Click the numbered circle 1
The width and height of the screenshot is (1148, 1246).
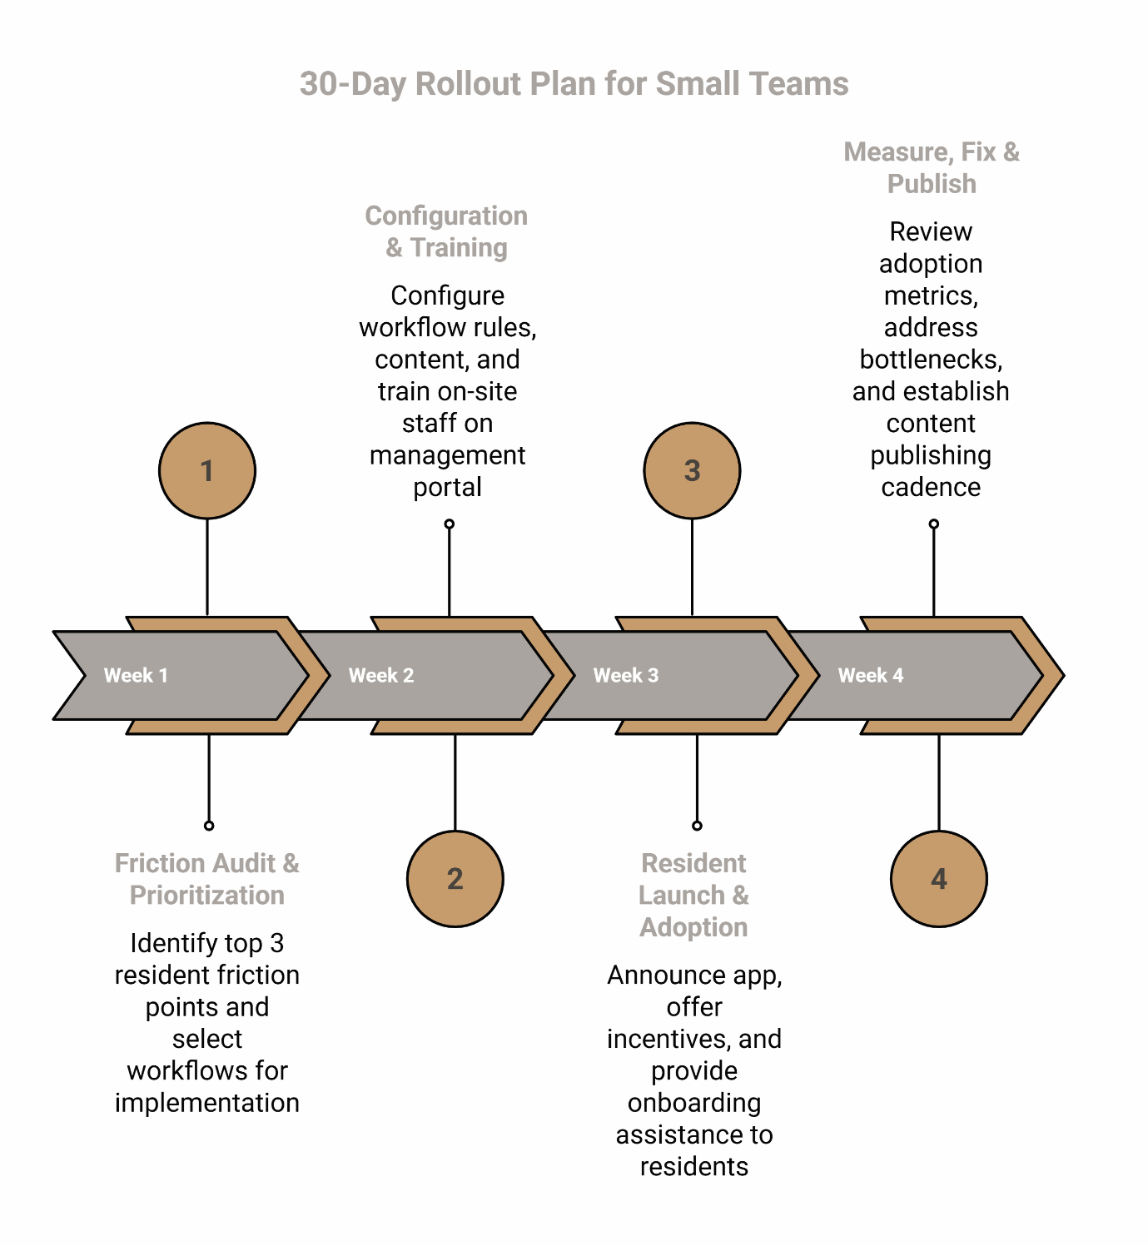pos(206,470)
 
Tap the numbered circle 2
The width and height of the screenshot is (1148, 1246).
pos(455,878)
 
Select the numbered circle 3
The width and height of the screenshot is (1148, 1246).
pos(692,470)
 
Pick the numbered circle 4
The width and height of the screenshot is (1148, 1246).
pos(938,878)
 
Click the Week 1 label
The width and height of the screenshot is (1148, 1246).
pos(136,675)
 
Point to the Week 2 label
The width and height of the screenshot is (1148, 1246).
pos(380,675)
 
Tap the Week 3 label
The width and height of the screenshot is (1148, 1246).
pos(625,675)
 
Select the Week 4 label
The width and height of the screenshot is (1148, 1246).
pos(870,675)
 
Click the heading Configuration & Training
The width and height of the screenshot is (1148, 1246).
pos(446,231)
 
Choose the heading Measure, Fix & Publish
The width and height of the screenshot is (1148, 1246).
pos(932,167)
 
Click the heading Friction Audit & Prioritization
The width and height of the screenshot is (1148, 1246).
pos(207,879)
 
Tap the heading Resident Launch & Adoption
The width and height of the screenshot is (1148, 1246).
pos(693,895)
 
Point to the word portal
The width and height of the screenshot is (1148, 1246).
pos(447,487)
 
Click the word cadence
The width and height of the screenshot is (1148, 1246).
pos(931,487)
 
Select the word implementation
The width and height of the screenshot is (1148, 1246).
pos(207,1103)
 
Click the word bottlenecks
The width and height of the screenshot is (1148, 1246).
pos(931,360)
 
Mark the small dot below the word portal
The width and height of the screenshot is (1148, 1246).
pos(450,524)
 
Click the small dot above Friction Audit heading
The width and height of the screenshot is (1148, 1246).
pos(209,826)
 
